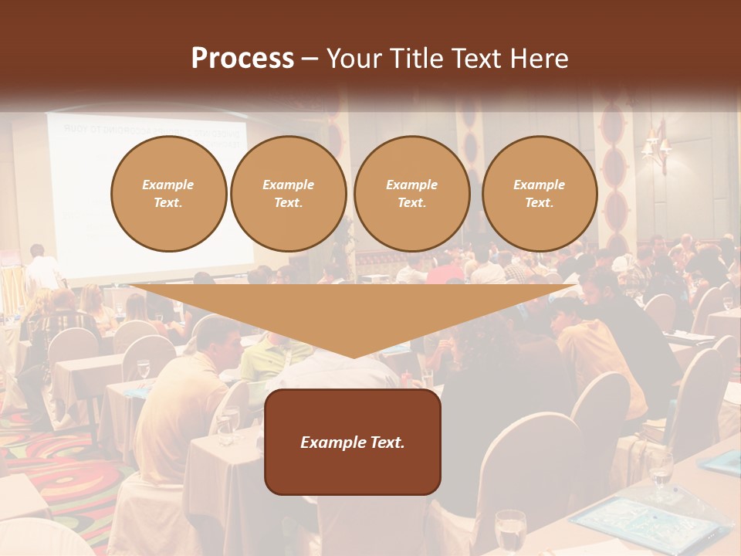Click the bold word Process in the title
coord(242,59)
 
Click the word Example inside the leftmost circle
coord(168,185)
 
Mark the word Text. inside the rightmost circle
coord(539,202)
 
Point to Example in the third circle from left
coord(411,185)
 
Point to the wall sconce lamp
coord(655,144)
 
